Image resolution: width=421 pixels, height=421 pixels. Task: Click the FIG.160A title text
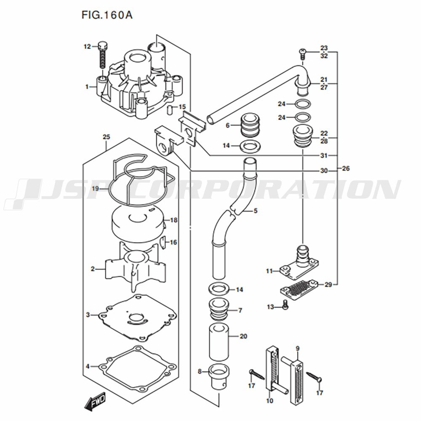[x=107, y=15]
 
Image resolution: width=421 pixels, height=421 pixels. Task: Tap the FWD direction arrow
[x=94, y=401]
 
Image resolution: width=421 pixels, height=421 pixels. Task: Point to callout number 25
[x=107, y=137]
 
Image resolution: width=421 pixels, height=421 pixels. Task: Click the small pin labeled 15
[x=169, y=110]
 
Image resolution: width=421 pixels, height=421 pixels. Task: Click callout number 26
[x=346, y=169]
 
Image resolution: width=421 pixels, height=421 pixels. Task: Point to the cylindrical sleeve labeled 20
[x=219, y=342]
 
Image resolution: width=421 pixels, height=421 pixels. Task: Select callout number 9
[x=298, y=349]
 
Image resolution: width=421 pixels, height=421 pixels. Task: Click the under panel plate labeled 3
[x=138, y=318]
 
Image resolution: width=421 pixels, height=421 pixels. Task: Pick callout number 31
[x=324, y=155]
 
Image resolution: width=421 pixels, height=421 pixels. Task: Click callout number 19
[x=96, y=189]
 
